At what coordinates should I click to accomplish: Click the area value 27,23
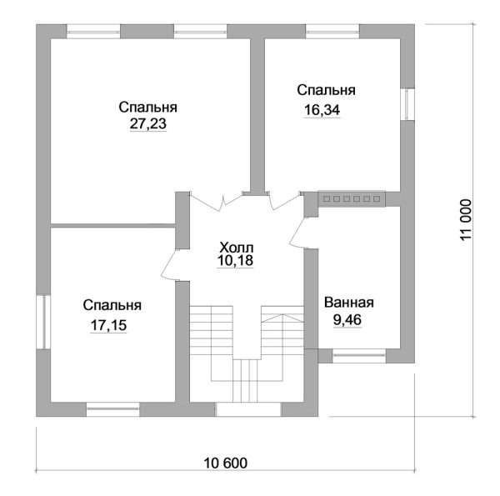(x=148, y=123)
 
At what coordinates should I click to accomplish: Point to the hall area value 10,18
(x=234, y=261)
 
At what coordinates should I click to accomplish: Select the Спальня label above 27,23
(x=148, y=108)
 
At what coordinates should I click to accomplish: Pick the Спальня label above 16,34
(x=327, y=89)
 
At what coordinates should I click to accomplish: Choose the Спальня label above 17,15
(x=111, y=306)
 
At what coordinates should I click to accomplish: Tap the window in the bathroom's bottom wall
(x=359, y=356)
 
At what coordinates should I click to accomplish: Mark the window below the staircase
(x=248, y=409)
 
